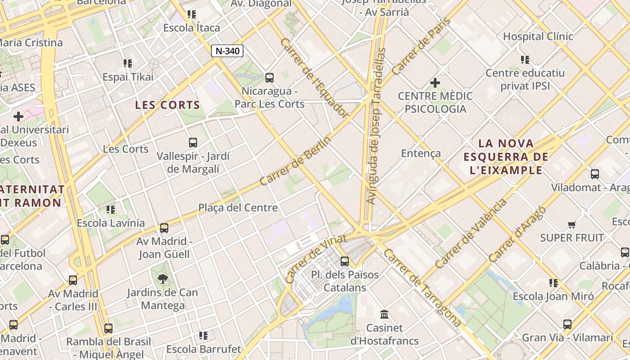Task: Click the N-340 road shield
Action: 227,51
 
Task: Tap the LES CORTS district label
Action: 168,105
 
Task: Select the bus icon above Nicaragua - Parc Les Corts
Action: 270,78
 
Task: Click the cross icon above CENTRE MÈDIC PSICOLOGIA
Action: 435,83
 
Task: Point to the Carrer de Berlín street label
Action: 295,161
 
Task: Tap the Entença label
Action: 421,153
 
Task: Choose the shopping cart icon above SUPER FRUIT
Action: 571,225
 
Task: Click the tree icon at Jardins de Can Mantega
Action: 162,279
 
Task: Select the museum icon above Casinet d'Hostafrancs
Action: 384,314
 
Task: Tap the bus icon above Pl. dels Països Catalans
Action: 345,261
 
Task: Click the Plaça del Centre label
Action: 238,208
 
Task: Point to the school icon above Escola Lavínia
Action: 111,209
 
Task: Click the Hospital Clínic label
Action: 538,36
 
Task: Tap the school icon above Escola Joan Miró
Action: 553,283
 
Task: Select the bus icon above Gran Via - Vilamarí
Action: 567,324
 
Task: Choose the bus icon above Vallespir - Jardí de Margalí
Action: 193,143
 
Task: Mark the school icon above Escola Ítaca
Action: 192,14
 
